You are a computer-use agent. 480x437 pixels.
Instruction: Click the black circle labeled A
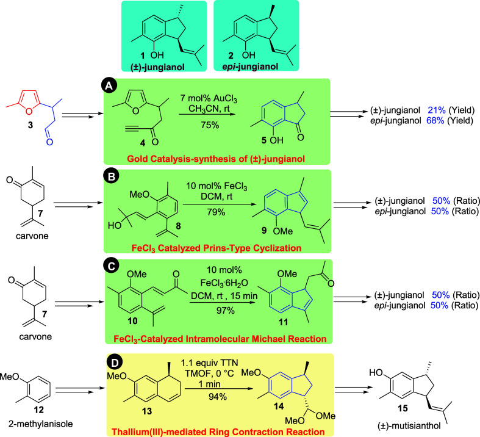pyautogui.click(x=109, y=86)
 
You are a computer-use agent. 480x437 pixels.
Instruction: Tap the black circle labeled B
pyautogui.click(x=111, y=177)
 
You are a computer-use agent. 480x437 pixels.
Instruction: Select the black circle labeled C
pyautogui.click(x=112, y=267)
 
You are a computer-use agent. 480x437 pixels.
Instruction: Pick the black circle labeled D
pyautogui.click(x=115, y=363)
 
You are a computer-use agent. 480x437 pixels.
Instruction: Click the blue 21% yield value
pyautogui.click(x=436, y=110)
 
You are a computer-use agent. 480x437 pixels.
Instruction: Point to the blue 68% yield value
pyautogui.click(x=435, y=121)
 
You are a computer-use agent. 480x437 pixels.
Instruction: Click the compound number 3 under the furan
pyautogui.click(x=30, y=125)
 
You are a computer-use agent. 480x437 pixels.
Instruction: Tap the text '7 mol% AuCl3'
pyautogui.click(x=209, y=99)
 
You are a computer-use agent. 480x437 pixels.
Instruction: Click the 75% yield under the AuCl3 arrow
pyautogui.click(x=210, y=125)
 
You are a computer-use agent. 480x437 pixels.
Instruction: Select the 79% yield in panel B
pyautogui.click(x=216, y=212)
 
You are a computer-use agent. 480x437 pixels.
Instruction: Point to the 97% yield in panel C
pyautogui.click(x=225, y=310)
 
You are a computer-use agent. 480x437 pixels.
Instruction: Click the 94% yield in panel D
pyautogui.click(x=218, y=397)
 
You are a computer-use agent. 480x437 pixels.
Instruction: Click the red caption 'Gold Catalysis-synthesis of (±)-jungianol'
pyautogui.click(x=216, y=159)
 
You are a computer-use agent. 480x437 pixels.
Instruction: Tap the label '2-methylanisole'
pyautogui.click(x=41, y=424)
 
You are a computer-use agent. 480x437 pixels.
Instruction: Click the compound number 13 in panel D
pyautogui.click(x=147, y=411)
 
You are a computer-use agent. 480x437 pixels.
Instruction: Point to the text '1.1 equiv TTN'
pyautogui.click(x=209, y=363)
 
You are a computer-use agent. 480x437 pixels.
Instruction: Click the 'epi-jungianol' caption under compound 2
pyautogui.click(x=250, y=66)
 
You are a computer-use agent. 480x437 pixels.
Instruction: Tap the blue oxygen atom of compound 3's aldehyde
pyautogui.click(x=49, y=142)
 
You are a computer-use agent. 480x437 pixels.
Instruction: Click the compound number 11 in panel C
pyautogui.click(x=283, y=322)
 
